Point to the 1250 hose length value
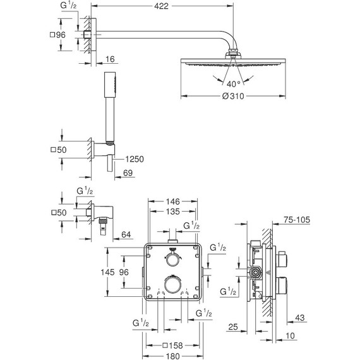(134, 159)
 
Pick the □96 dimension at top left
(59, 35)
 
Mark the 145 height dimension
(109, 273)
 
